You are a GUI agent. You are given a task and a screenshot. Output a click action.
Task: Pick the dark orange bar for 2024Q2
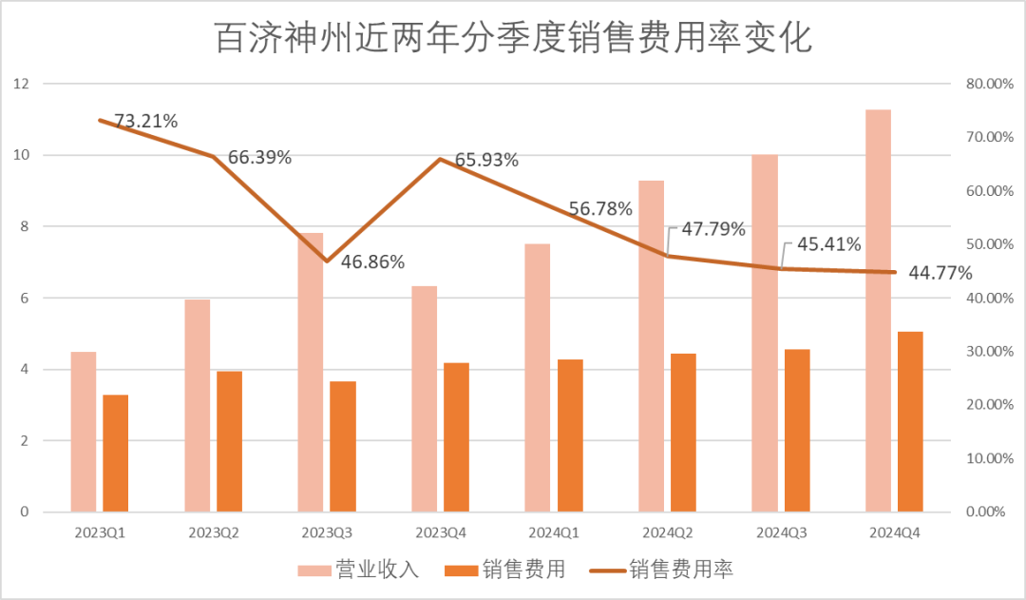click(682, 433)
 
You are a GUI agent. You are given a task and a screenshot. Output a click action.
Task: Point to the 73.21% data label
click(146, 121)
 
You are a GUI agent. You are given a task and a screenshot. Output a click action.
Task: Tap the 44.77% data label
click(940, 274)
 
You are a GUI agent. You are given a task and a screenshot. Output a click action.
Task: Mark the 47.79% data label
click(712, 229)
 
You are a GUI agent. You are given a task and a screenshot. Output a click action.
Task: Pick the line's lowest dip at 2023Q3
click(327, 261)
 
